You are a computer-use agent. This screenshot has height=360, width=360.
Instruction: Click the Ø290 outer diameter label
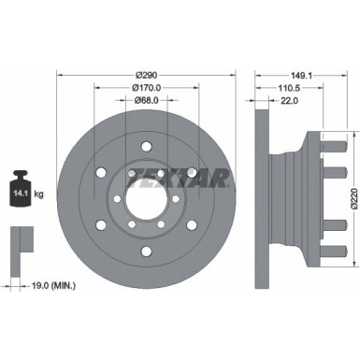[145, 74]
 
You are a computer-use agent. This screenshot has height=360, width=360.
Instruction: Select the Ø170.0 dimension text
[145, 88]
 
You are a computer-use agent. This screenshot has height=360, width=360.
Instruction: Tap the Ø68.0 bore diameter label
[145, 101]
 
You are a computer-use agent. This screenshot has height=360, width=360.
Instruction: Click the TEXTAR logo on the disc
[191, 178]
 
